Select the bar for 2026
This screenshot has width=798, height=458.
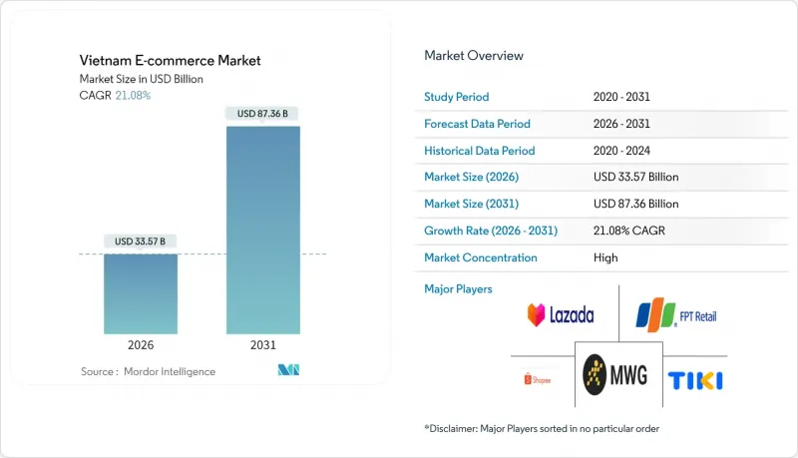click(143, 294)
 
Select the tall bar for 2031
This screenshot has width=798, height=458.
click(264, 229)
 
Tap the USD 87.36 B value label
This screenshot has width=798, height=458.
click(263, 114)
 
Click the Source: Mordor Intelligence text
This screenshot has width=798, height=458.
click(148, 372)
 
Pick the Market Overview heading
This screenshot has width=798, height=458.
click(474, 56)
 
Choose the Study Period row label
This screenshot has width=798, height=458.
click(458, 98)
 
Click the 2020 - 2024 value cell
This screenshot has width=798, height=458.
click(625, 151)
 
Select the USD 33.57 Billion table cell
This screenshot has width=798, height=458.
click(635, 178)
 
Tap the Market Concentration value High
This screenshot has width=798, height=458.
click(604, 257)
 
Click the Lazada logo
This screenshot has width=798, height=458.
click(561, 315)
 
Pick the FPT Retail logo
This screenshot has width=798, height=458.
click(676, 316)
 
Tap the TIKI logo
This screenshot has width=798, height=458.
click(696, 380)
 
